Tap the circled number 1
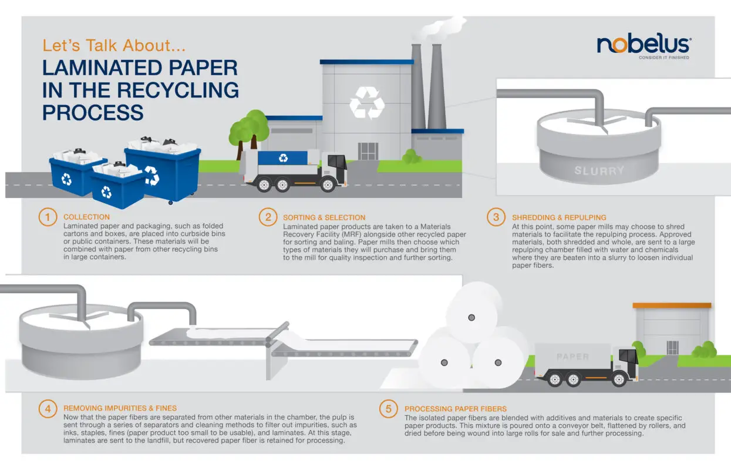pyautogui.click(x=48, y=217)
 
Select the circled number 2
pyautogui.click(x=268, y=217)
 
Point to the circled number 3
pyautogui.click(x=496, y=217)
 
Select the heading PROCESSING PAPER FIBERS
pyautogui.click(x=455, y=409)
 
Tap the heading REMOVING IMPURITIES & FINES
pyautogui.click(x=120, y=408)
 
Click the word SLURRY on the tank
pyautogui.click(x=599, y=171)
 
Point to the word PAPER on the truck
pyautogui.click(x=572, y=357)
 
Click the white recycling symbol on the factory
pyautogui.click(x=367, y=103)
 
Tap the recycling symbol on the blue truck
pyautogui.click(x=284, y=157)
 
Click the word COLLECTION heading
pyautogui.click(x=86, y=217)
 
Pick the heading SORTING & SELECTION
pyautogui.click(x=324, y=217)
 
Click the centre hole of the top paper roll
pyautogui.click(x=471, y=317)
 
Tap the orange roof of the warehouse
pyautogui.click(x=672, y=305)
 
